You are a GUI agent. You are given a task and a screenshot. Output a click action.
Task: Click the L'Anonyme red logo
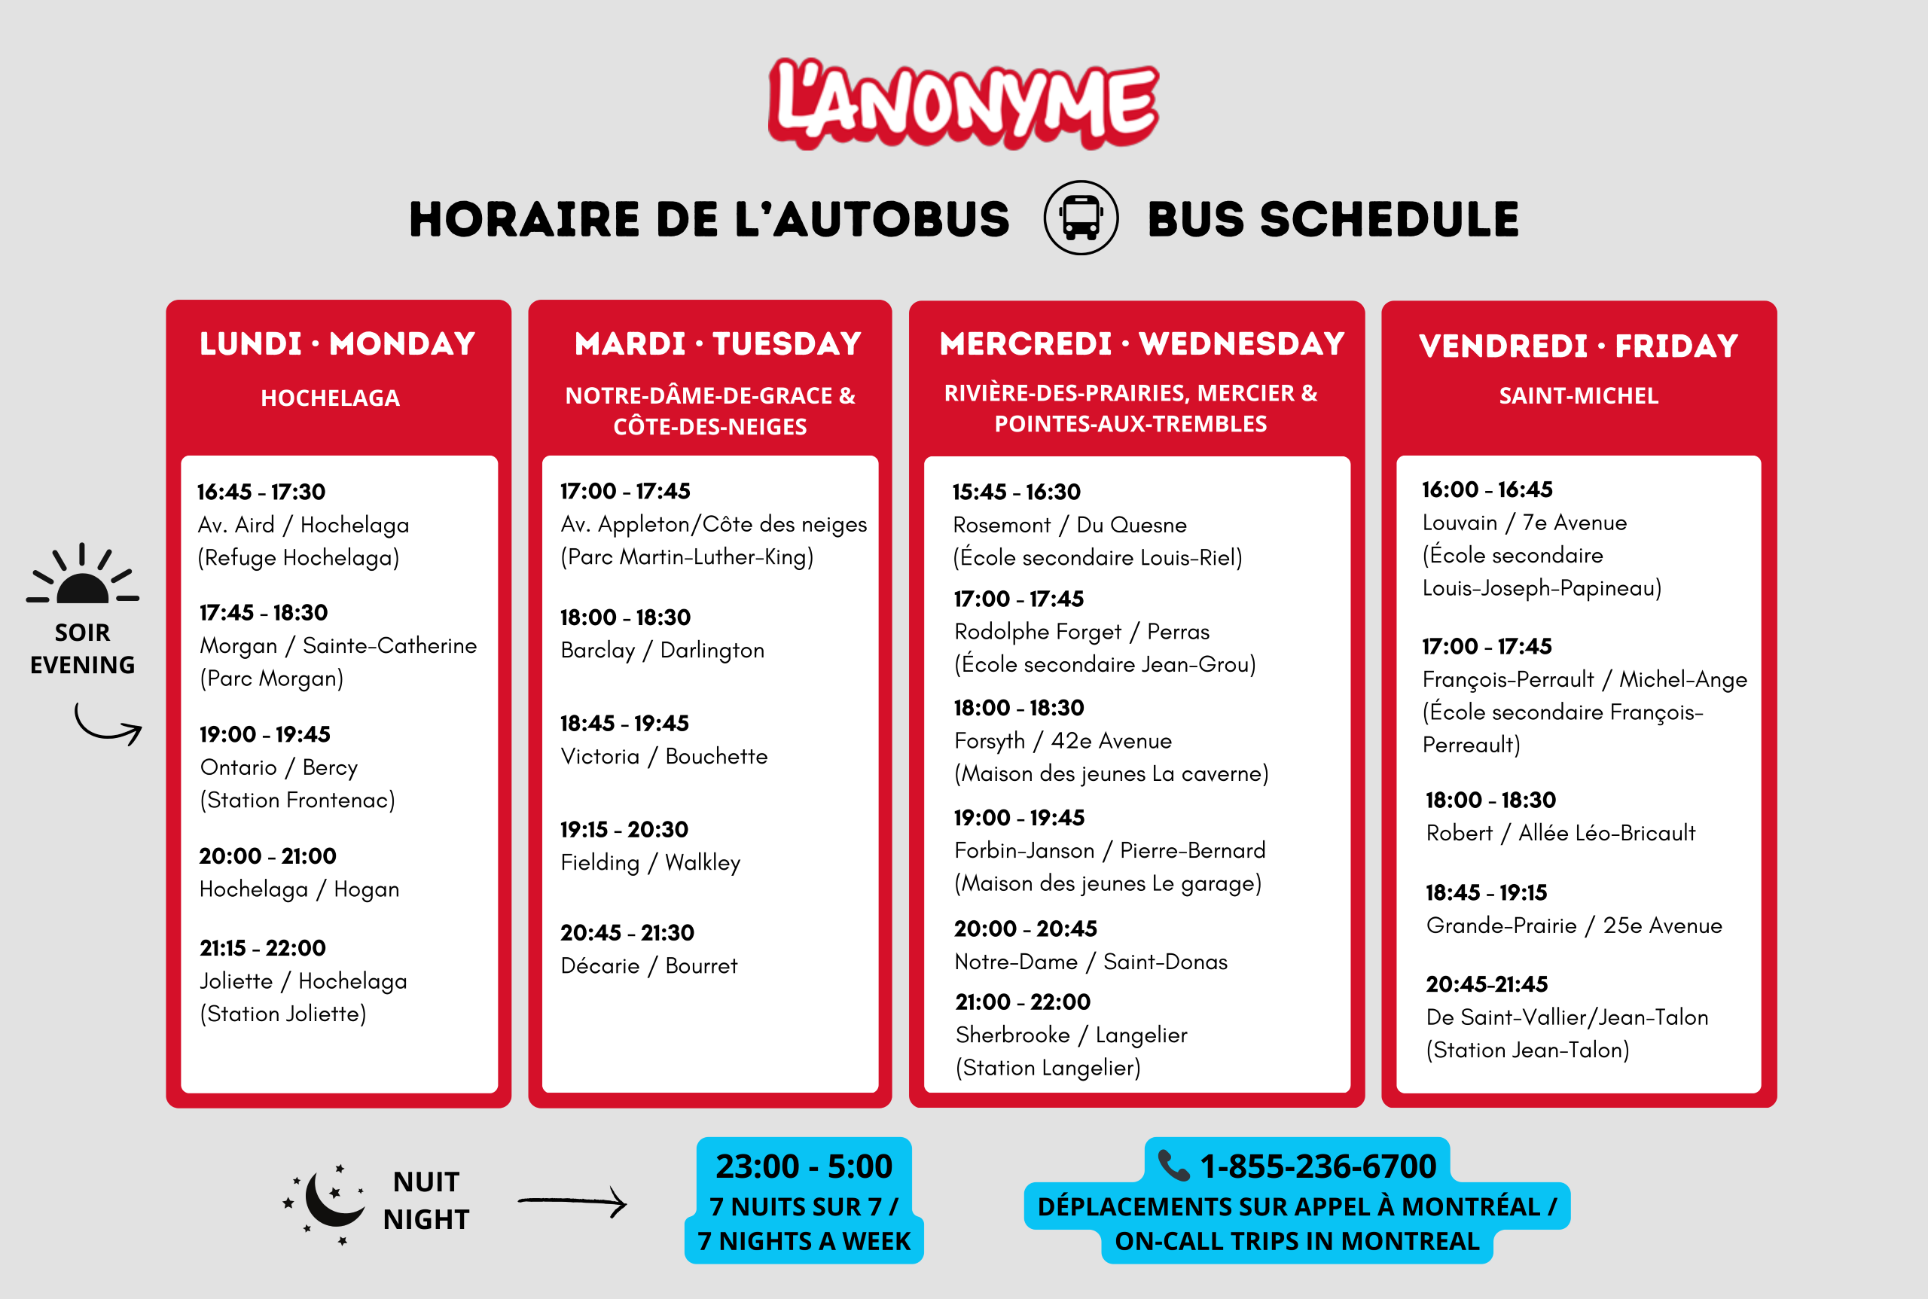[x=962, y=104]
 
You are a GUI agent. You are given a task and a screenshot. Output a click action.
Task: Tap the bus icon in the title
[x=1081, y=218]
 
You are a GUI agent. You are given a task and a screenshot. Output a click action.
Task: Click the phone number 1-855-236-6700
[x=1316, y=1166]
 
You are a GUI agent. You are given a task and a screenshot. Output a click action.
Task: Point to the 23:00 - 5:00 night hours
[x=803, y=1166]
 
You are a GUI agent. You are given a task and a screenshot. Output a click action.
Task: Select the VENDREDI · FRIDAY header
[x=1579, y=346]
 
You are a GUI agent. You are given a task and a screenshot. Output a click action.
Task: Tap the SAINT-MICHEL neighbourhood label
[x=1579, y=396]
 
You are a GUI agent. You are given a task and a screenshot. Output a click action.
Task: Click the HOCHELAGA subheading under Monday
[x=330, y=398]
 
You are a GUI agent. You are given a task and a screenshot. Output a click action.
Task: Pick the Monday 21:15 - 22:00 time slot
[x=263, y=948]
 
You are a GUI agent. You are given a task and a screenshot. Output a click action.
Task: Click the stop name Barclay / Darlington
[x=662, y=651]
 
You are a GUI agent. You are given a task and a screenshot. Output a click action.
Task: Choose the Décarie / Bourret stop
[x=648, y=966]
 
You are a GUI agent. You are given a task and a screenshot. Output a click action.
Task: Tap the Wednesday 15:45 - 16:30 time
[x=1016, y=492]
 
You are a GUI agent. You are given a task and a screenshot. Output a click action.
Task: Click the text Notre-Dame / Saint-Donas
[x=1091, y=962]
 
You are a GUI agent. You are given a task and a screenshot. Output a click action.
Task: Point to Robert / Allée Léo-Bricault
[x=1560, y=834]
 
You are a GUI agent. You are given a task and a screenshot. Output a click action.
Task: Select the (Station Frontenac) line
[x=297, y=800]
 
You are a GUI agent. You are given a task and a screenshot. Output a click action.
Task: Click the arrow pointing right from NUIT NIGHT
[x=572, y=1201]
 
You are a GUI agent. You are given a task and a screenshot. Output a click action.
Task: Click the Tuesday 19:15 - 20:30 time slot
[x=624, y=829]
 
